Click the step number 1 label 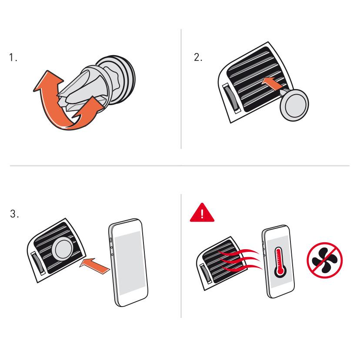click(x=13, y=57)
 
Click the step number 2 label click(x=198, y=57)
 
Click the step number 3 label click(x=14, y=214)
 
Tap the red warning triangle click(x=202, y=213)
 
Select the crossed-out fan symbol click(x=325, y=260)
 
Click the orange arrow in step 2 click(x=273, y=83)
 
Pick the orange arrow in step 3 click(x=95, y=266)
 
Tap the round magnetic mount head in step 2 click(x=294, y=105)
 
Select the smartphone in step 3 click(x=128, y=262)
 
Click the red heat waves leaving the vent click(x=240, y=260)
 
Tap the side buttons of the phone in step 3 click(x=111, y=246)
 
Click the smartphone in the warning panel click(x=278, y=262)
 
